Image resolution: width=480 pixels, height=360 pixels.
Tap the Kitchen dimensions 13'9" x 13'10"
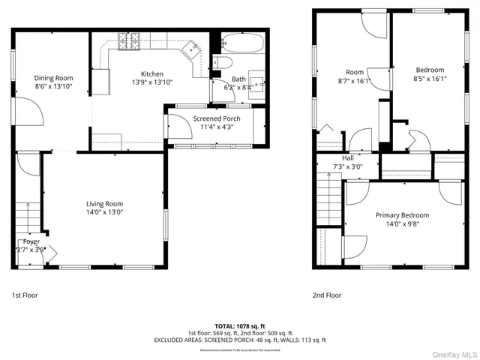tap(148, 82)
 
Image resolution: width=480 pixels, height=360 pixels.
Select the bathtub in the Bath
tap(242, 41)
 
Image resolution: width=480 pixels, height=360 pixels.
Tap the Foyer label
tap(31, 241)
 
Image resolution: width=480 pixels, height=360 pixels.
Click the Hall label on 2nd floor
tap(348, 158)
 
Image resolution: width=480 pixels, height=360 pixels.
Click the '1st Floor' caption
tap(25, 295)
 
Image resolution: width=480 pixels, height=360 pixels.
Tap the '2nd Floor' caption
tap(326, 295)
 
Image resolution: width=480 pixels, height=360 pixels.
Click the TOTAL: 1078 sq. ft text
tap(240, 325)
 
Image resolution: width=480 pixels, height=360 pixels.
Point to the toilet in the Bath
tap(223, 61)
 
